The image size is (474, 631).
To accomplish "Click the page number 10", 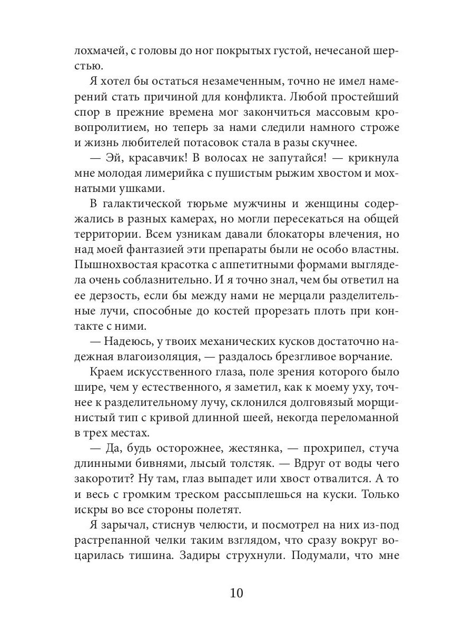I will click(x=236, y=593).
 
